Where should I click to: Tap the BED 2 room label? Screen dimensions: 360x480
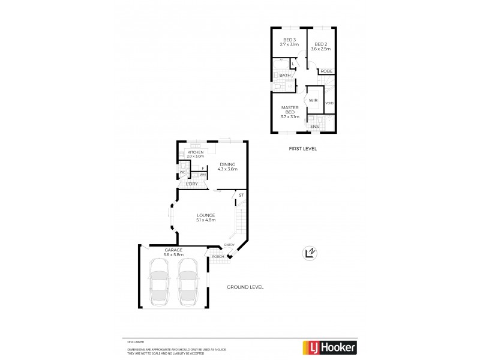(321, 44)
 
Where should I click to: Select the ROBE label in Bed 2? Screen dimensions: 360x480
(326, 71)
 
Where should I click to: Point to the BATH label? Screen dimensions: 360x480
(285, 76)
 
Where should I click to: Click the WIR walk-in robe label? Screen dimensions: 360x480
(313, 100)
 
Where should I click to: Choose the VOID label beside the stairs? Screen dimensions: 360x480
(329, 103)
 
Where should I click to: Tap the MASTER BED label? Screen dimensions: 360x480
(290, 109)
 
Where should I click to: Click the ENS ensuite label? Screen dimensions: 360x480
(314, 127)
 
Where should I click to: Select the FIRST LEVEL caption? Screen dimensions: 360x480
(302, 148)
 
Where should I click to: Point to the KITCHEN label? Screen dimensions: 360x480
(196, 152)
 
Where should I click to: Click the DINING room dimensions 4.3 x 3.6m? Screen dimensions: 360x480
(229, 169)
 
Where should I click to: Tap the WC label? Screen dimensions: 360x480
(182, 173)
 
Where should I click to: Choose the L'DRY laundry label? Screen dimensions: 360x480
(191, 184)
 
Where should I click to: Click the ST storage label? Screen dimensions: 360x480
(241, 196)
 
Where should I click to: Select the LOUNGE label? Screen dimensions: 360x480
(205, 215)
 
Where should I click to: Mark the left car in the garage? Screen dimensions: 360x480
(159, 281)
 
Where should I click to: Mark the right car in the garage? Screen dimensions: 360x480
(188, 281)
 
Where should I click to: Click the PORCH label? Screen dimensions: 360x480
(217, 257)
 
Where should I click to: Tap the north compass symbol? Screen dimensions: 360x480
(310, 253)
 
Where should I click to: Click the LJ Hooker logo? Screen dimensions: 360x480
(329, 347)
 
